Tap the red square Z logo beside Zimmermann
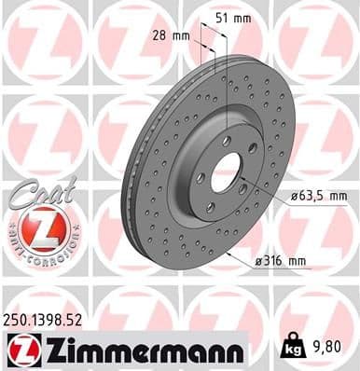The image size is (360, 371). pos(20,350)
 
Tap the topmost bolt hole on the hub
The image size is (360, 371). pos(227,140)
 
